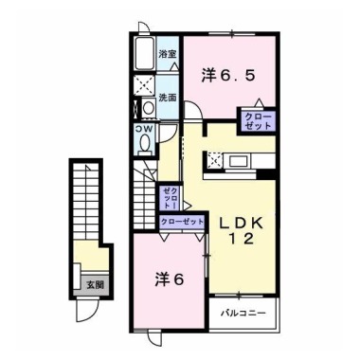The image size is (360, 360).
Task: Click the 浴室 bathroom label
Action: [x=168, y=55]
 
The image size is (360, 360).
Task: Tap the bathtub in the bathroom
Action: [x=144, y=53]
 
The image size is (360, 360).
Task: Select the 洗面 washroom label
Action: [x=168, y=98]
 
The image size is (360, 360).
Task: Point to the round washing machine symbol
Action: [x=148, y=108]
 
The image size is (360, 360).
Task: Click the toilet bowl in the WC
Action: [x=145, y=143]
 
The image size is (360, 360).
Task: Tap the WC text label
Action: [x=144, y=129]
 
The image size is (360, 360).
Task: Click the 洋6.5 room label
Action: [x=228, y=76]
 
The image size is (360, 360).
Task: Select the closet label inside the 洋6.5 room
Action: [x=259, y=120]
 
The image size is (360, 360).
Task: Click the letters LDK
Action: [x=242, y=224]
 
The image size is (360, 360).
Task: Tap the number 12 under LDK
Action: [x=242, y=239]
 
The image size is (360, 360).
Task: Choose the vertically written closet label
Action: [x=170, y=198]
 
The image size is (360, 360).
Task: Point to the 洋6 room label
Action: [x=170, y=279]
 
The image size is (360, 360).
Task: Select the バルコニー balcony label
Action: [x=243, y=314]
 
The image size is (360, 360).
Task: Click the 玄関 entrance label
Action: [x=95, y=285]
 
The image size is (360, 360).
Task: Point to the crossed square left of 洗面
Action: [x=144, y=84]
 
